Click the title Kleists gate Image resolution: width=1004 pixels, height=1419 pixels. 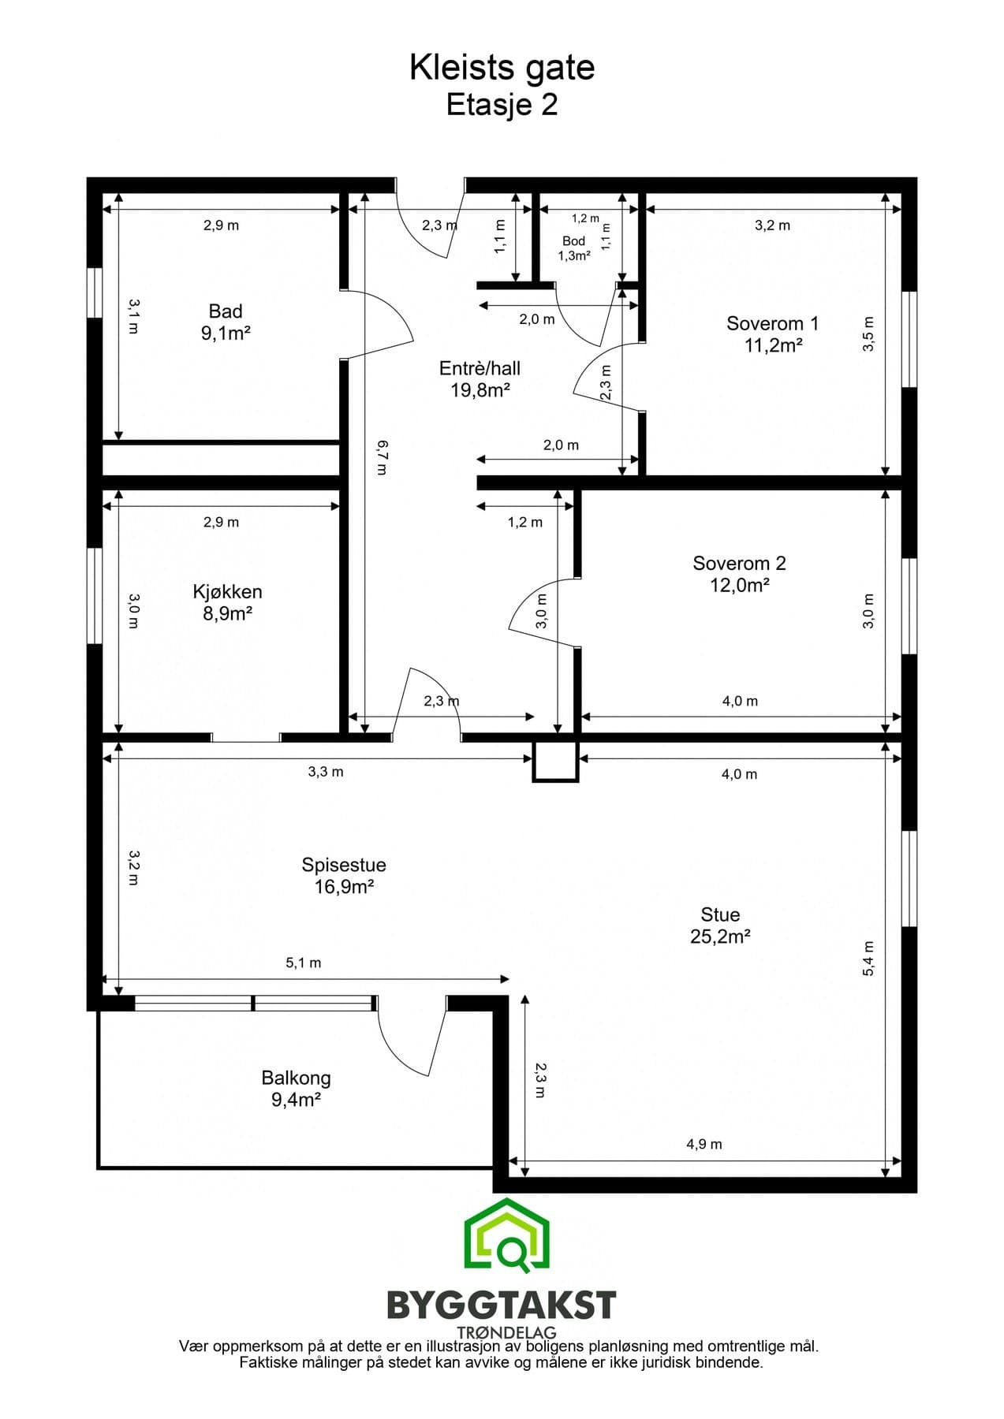502,69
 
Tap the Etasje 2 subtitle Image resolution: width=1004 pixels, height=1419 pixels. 502,104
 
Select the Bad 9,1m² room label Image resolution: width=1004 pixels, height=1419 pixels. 226,322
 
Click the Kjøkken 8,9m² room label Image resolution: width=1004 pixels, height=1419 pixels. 227,602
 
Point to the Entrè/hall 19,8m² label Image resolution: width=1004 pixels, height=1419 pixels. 480,378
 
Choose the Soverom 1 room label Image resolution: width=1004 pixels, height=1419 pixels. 773,333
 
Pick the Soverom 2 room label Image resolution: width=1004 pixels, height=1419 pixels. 739,574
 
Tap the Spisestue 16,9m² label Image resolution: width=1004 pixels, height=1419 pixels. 344,875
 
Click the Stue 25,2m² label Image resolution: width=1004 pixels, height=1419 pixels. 720,926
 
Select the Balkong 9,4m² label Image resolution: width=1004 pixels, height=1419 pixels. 296,1089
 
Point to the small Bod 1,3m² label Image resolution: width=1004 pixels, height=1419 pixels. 574,248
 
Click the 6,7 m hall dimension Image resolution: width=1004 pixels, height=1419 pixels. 383,457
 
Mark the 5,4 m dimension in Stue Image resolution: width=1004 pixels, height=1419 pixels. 868,959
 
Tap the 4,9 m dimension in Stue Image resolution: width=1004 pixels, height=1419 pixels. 704,1144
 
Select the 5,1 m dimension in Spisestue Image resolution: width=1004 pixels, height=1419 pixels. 304,963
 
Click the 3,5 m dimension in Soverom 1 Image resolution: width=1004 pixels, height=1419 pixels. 869,334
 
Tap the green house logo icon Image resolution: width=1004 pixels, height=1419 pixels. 506,1235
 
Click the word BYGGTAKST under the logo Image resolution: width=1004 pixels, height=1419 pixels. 502,1305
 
